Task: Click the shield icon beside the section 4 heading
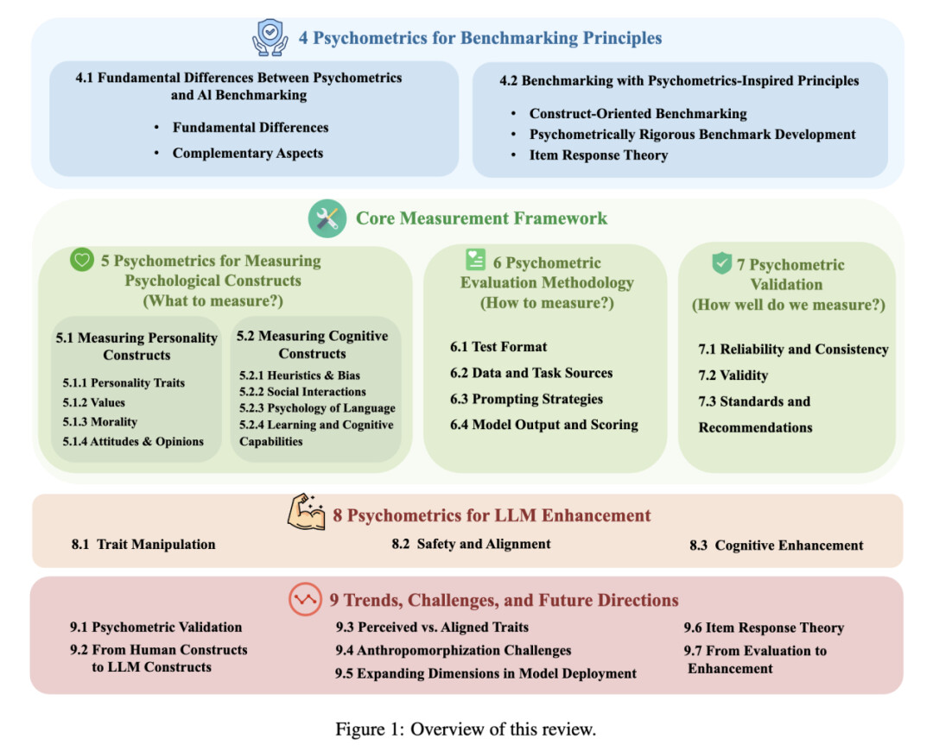tap(270, 38)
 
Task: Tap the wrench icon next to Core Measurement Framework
tap(327, 219)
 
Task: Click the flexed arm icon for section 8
tap(306, 514)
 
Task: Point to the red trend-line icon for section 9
tap(305, 600)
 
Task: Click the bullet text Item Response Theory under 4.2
tap(599, 155)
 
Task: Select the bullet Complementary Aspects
tap(248, 153)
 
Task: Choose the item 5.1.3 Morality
tap(99, 422)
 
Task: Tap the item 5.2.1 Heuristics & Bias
tap(300, 375)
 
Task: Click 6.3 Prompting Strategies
tap(526, 399)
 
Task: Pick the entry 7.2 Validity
tap(733, 375)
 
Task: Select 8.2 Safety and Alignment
tap(471, 544)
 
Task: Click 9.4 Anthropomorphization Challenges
tap(454, 650)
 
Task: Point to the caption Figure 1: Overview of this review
tap(466, 729)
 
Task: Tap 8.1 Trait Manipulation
tap(143, 545)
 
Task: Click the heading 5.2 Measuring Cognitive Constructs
tap(313, 344)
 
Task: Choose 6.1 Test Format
tap(498, 347)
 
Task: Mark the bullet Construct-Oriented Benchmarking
tap(638, 114)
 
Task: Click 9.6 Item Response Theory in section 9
tap(764, 628)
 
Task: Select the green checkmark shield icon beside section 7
tap(722, 263)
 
